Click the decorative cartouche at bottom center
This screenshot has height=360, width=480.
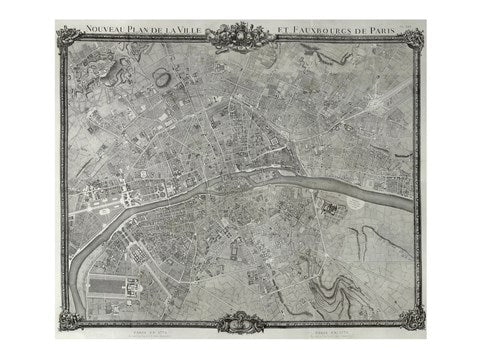pyautogui.click(x=240, y=322)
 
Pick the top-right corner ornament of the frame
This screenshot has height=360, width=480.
pyautogui.click(x=410, y=37)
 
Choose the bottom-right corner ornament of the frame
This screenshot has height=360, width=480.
pyautogui.click(x=410, y=320)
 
